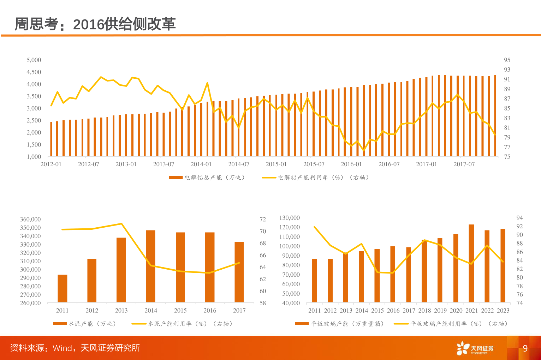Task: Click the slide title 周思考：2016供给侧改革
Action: click(x=95, y=24)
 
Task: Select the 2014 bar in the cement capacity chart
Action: click(x=151, y=266)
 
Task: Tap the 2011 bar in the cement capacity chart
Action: click(x=63, y=289)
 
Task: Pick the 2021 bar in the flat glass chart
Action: click(x=471, y=263)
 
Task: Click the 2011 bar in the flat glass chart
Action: click(x=314, y=281)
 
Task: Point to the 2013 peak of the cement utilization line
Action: click(x=121, y=224)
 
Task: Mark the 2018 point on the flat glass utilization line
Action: click(x=424, y=240)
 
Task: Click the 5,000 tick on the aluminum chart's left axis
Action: click(x=34, y=60)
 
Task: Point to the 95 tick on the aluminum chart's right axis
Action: click(x=507, y=60)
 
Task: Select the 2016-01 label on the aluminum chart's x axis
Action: click(x=351, y=164)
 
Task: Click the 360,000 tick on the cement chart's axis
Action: click(x=30, y=219)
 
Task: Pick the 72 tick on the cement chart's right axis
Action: click(x=263, y=219)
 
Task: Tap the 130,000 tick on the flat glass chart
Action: click(x=290, y=218)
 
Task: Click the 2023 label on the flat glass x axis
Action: click(x=503, y=311)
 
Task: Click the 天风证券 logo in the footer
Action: click(x=475, y=348)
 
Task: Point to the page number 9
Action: click(x=525, y=348)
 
